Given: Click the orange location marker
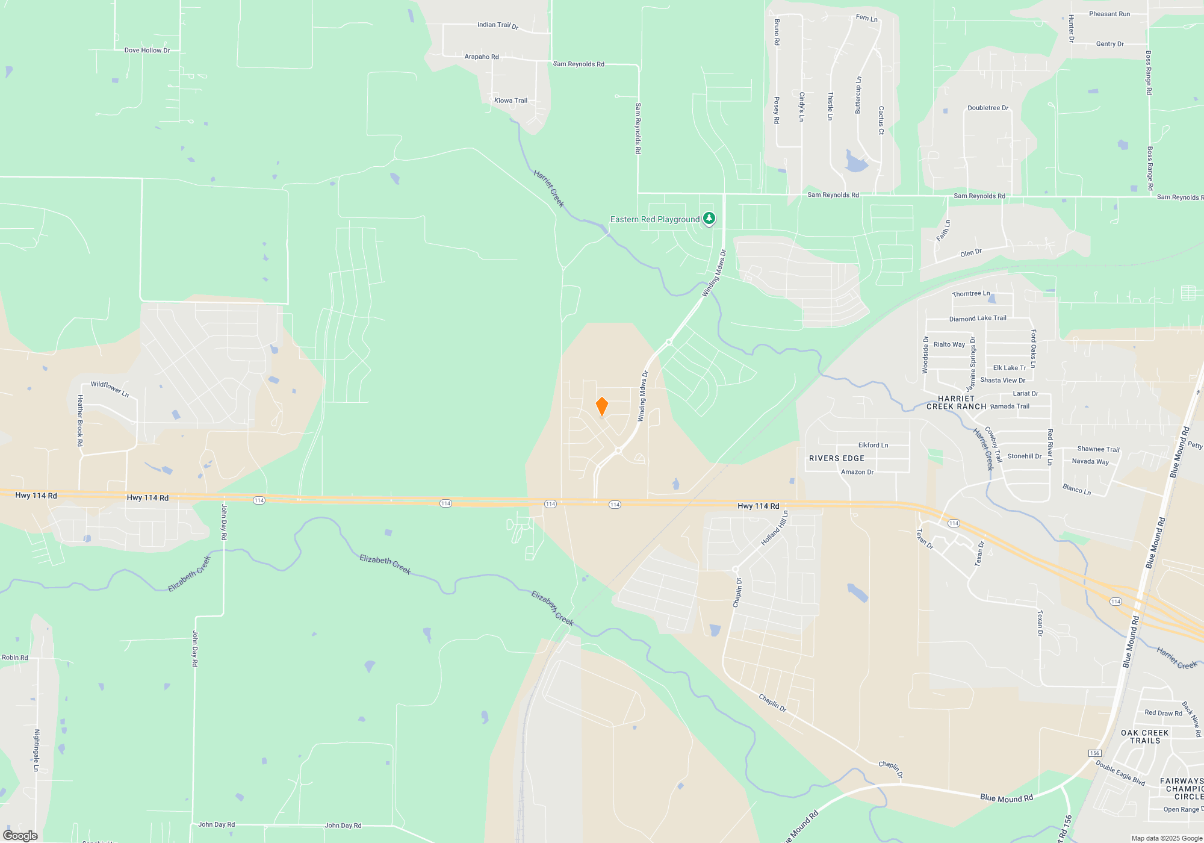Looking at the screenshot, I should coord(601,406).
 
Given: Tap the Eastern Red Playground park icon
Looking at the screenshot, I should coord(709,218).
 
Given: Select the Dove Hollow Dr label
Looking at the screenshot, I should coord(147,51).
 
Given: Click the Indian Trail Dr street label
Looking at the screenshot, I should coord(497,25).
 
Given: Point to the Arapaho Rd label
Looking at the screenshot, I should coord(482,57).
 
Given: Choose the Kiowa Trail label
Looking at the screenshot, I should coord(510,101).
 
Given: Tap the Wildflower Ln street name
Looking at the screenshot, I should coord(110,388).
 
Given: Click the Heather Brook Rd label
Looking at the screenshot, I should coord(80,420).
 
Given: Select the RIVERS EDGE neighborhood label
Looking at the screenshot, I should coord(836,458).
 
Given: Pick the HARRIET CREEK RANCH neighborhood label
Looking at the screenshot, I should coord(956,402).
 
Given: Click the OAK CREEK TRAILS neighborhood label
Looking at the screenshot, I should coord(1144,736).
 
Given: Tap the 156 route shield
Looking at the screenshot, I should coord(1094,753).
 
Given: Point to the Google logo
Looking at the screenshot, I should coord(20,836).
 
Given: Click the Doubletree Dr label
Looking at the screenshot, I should coord(988,108).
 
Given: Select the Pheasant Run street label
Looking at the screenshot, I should coord(1109,14).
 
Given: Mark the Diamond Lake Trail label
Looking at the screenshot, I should coord(978,319).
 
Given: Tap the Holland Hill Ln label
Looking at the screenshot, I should coord(774,528).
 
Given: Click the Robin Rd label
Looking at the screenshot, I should coord(15,658).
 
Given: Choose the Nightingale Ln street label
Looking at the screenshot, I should coord(37,750).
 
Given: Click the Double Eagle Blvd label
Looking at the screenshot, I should coord(1120,773).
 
